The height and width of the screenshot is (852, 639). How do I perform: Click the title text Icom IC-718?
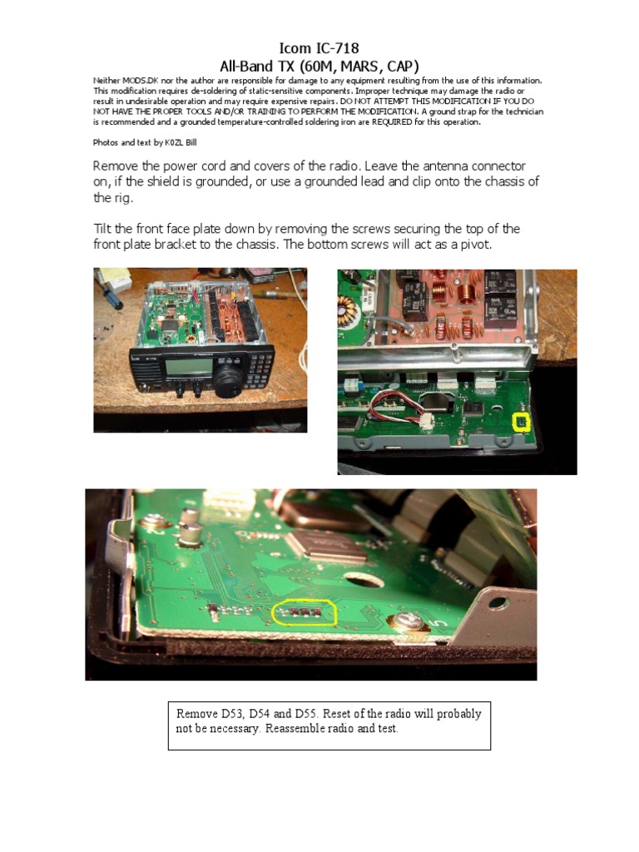(x=319, y=49)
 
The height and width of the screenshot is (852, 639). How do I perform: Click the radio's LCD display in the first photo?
(x=180, y=366)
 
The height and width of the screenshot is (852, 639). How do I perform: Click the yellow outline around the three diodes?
(x=305, y=612)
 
